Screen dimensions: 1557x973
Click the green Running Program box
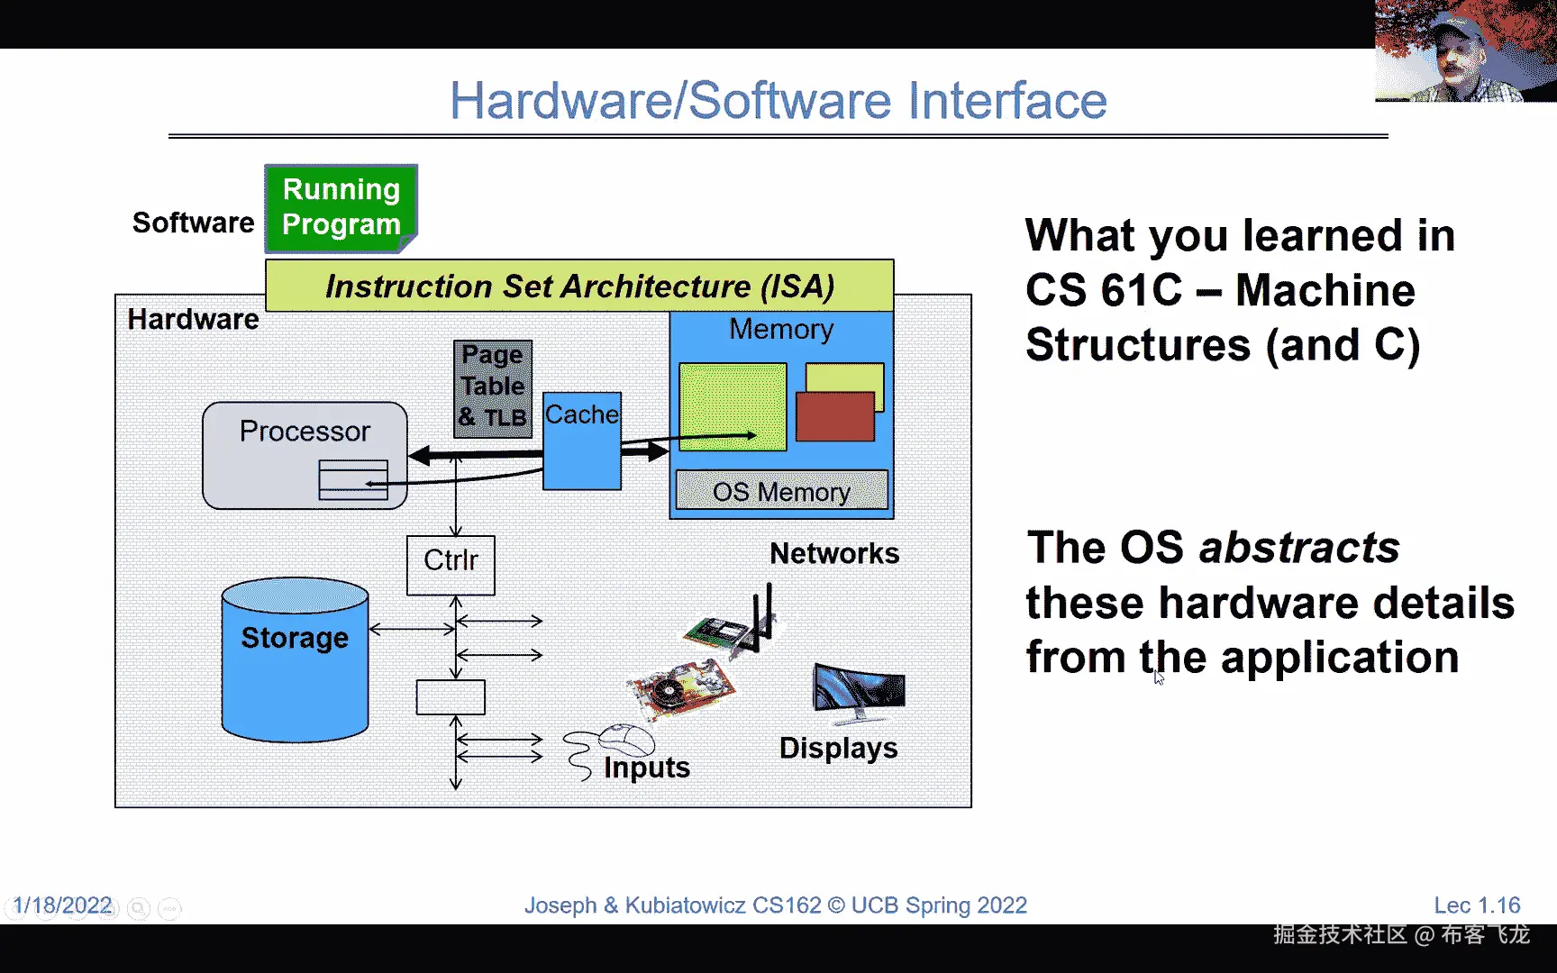pos(341,208)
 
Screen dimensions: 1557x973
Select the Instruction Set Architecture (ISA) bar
pos(579,286)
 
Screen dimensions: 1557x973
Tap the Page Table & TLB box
pos(493,388)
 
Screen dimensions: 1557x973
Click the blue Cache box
pos(582,441)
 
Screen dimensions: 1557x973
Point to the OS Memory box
pos(781,491)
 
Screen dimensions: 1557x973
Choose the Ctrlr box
pos(451,565)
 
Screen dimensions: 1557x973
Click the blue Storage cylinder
pos(295,659)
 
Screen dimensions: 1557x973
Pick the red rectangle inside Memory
pos(835,416)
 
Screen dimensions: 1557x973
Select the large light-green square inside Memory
pos(733,406)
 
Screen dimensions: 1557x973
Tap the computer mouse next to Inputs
pos(626,740)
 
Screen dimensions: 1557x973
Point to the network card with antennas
pos(732,621)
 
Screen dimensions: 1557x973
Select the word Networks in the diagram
pos(834,553)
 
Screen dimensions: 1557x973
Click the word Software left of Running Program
pos(193,223)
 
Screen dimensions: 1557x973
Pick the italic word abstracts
pos(1299,547)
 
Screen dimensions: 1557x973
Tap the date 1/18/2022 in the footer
pos(63,905)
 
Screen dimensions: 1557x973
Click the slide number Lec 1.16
pos(1477,905)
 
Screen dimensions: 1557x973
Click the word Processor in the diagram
pos(305,432)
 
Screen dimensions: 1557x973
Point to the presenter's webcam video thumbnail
pos(1465,50)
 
